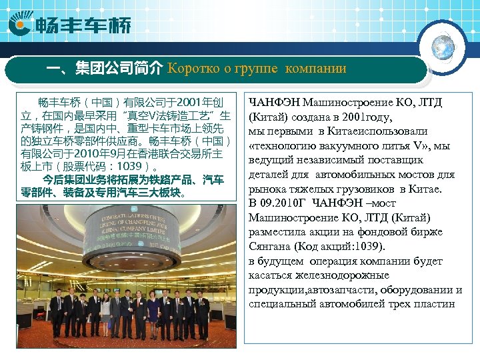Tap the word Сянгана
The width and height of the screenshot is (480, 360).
[273, 247]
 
